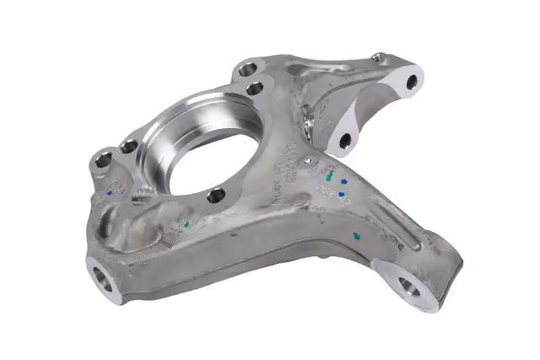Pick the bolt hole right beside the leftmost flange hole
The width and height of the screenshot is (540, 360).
coord(128,147)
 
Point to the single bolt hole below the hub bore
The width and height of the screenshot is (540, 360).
coord(216,195)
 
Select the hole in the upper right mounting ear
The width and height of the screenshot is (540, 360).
coord(411,82)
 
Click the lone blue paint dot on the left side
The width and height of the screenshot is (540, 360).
coord(111,192)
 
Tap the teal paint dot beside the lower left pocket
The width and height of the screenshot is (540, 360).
coord(186,224)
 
